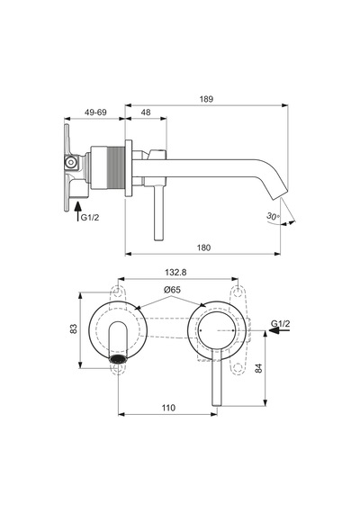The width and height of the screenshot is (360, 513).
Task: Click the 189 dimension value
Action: tap(206, 99)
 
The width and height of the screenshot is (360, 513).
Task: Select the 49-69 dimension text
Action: tap(95, 112)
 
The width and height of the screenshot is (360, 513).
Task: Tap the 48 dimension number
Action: tap(146, 112)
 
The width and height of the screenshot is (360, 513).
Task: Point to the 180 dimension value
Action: tap(203, 247)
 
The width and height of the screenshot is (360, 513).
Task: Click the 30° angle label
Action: tap(273, 216)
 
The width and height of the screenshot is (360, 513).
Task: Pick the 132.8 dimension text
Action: tap(175, 272)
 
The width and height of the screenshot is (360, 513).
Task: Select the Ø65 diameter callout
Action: tap(172, 290)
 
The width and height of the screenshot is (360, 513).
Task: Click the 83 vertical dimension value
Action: tap(74, 328)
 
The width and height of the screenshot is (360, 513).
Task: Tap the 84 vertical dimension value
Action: tap(258, 368)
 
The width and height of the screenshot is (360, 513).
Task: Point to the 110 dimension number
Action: tap(168, 408)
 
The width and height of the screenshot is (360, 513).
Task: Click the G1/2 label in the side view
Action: tap(90, 217)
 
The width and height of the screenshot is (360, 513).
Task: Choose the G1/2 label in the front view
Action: tap(281, 324)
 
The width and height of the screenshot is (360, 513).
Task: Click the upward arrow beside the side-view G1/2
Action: tap(78, 211)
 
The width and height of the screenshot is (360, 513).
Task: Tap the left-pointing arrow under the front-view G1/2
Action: tap(279, 330)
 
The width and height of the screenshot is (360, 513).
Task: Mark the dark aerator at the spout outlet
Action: tap(118, 358)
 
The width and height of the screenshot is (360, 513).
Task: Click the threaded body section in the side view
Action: tap(108, 167)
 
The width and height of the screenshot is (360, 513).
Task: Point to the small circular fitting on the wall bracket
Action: tap(70, 162)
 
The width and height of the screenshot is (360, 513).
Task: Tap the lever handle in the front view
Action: tap(217, 377)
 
